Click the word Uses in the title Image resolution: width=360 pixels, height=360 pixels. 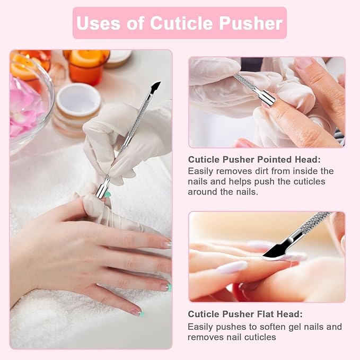[98, 23]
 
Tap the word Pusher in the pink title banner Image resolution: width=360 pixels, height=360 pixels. [251, 23]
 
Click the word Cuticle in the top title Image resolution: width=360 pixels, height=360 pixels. [181, 23]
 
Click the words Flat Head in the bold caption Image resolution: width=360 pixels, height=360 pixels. [277, 314]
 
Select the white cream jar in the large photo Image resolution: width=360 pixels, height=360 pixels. [78, 101]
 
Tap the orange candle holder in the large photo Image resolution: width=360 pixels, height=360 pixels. [85, 67]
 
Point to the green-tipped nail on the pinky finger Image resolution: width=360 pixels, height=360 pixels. [138, 312]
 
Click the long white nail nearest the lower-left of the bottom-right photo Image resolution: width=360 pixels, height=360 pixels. [232, 267]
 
